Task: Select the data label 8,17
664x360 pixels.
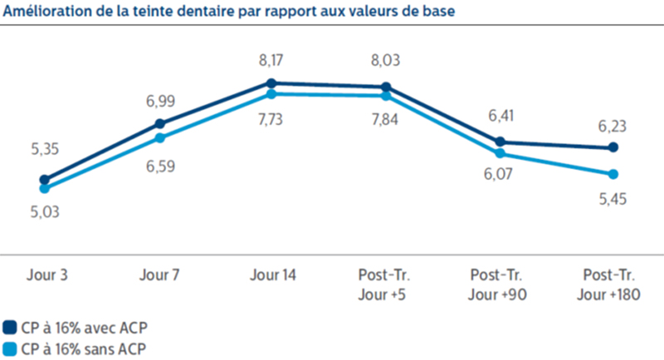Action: pyautogui.click(x=271, y=59)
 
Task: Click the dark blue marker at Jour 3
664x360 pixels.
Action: pyautogui.click(x=45, y=179)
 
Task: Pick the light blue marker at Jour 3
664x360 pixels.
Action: pyautogui.click(x=45, y=188)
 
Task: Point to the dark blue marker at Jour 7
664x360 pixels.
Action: pyautogui.click(x=159, y=124)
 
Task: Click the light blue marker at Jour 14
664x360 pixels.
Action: pyautogui.click(x=271, y=94)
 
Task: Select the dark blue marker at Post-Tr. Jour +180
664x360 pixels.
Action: pyautogui.click(x=613, y=148)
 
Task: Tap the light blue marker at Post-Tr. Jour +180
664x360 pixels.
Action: pyautogui.click(x=613, y=174)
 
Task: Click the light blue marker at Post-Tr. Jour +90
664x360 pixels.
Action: pyautogui.click(x=500, y=153)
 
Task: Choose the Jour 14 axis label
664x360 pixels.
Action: pyautogui.click(x=272, y=275)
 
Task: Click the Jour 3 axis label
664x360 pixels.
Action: pyautogui.click(x=46, y=275)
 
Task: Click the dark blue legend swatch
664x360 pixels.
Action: pyautogui.click(x=10, y=327)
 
